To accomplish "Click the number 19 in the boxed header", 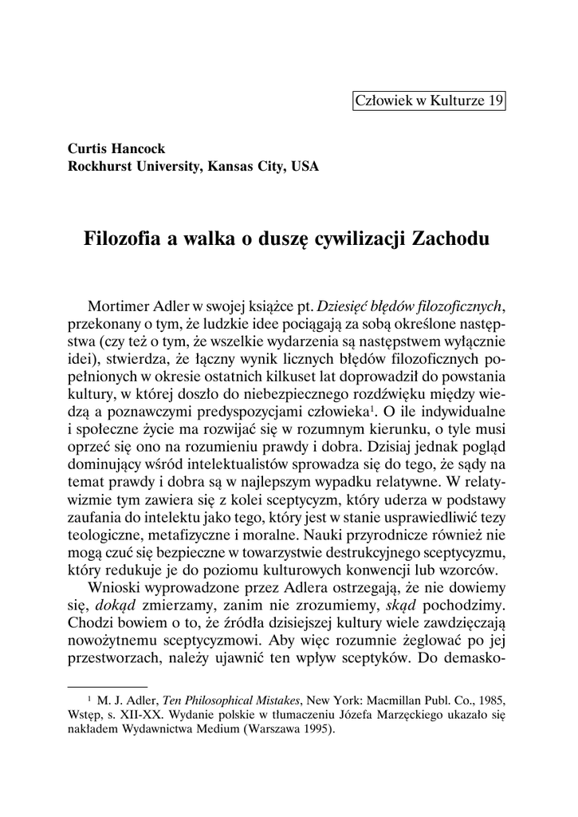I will click(x=495, y=101).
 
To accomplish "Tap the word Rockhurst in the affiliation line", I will click(x=101, y=167).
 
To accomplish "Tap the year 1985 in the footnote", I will click(x=493, y=701).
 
